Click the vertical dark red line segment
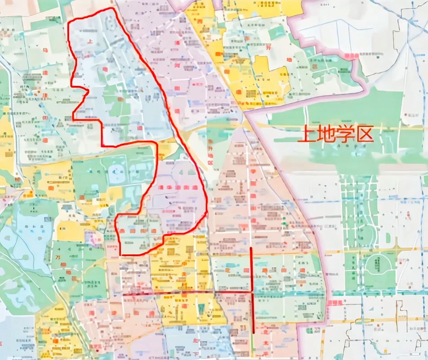pos(251,288)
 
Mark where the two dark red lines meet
pos(252,292)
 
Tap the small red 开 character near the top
pos(268,47)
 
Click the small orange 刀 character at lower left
pos(58,257)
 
